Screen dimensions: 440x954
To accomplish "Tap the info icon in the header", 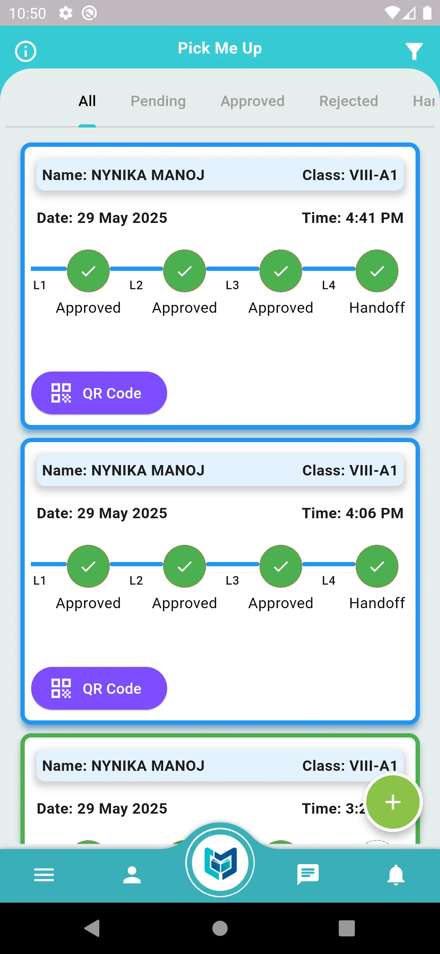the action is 25,51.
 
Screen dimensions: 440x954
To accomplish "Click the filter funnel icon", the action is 414,51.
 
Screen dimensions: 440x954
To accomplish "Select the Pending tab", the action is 158,101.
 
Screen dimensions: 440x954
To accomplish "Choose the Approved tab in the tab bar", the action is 252,101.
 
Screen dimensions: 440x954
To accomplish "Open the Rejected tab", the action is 349,101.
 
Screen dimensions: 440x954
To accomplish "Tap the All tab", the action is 87,101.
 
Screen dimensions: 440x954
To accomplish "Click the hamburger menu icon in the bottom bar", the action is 44,875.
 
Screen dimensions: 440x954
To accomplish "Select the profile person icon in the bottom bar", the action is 132,875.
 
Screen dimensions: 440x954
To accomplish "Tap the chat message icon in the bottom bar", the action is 308,874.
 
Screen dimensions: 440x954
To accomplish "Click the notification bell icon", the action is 396,875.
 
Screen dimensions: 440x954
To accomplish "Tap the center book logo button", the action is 220,863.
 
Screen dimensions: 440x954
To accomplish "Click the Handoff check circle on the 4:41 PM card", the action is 377,271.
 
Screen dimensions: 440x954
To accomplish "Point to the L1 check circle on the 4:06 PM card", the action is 88,566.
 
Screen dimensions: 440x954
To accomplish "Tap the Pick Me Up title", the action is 220,48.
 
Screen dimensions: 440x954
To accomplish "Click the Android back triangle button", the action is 92,928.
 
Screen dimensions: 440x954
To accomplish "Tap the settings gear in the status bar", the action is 66,13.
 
